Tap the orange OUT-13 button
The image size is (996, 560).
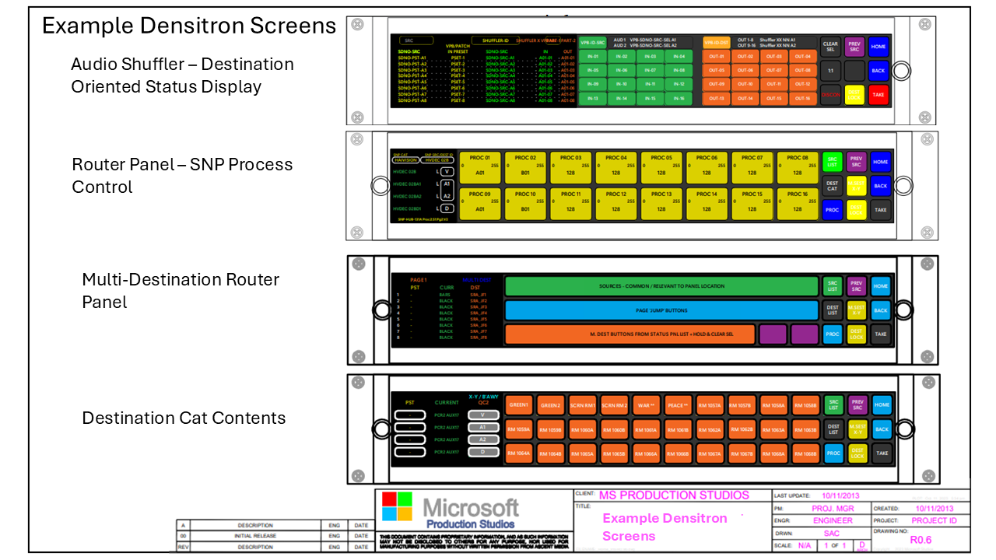point(716,98)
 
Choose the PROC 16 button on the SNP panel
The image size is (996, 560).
point(797,204)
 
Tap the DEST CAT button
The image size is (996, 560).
point(832,186)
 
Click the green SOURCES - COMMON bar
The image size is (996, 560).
point(661,286)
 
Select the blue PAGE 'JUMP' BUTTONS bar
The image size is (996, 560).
point(661,311)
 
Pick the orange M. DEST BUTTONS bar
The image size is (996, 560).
point(630,334)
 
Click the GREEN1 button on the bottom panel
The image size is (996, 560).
point(519,405)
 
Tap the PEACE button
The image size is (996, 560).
point(679,405)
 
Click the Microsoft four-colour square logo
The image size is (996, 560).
point(397,506)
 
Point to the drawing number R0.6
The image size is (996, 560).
point(921,539)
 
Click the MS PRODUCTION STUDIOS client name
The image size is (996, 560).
point(674,495)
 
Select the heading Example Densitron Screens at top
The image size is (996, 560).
point(188,26)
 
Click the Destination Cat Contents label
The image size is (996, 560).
point(184,418)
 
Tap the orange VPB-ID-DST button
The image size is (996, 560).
point(717,43)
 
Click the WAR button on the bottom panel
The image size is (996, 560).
point(647,405)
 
